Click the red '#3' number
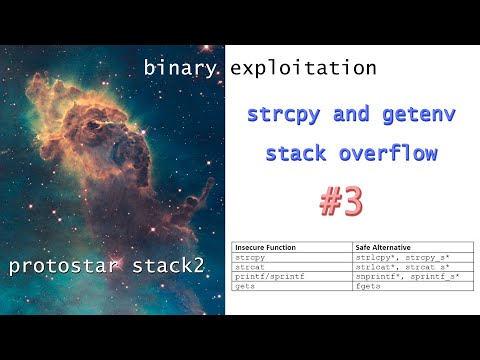tap(341, 203)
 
